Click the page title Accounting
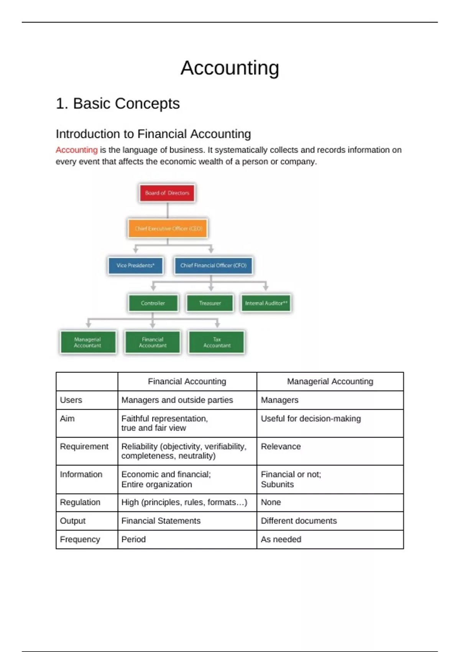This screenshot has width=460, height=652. [x=230, y=68]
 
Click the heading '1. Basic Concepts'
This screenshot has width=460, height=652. [x=118, y=104]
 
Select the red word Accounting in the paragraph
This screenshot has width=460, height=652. [x=77, y=150]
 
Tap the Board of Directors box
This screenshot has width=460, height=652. [x=167, y=193]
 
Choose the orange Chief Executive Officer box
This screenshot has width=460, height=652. [x=168, y=229]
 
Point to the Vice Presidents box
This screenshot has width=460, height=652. [x=136, y=265]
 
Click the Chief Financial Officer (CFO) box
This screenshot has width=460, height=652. [x=214, y=265]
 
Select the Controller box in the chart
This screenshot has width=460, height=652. [x=153, y=303]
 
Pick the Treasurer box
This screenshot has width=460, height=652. [x=210, y=303]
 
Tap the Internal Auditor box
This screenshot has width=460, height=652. [x=266, y=303]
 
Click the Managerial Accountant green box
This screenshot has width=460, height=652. [x=88, y=342]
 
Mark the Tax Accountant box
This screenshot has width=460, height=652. [x=217, y=342]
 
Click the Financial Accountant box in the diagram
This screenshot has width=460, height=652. [x=153, y=342]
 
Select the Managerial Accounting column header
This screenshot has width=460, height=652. [x=330, y=382]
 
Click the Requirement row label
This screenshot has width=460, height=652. [x=84, y=447]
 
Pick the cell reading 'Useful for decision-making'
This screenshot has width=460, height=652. [x=311, y=419]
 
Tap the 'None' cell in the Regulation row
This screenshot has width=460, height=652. [x=271, y=502]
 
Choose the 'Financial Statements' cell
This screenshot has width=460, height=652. [x=161, y=521]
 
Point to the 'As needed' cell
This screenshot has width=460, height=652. [x=281, y=540]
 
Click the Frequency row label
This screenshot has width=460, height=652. [x=80, y=540]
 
